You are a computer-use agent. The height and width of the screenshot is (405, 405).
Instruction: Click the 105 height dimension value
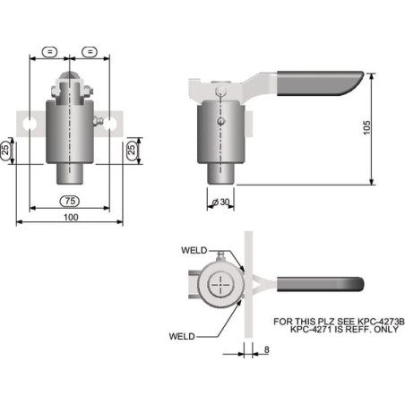point(366,127)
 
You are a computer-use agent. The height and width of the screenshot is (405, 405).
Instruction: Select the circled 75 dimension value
point(70,201)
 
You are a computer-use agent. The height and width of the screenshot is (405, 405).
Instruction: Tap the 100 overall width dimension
point(71,217)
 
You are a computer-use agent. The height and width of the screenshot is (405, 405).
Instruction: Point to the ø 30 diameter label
point(220,202)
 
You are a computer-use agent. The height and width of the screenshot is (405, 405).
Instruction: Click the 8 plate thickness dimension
point(267,349)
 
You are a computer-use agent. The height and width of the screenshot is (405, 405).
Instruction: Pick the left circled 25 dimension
point(5,150)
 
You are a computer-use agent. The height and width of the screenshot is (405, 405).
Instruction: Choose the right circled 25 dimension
point(132,149)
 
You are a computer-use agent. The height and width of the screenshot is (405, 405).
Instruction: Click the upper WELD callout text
point(194,250)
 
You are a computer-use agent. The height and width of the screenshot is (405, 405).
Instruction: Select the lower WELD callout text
point(182,336)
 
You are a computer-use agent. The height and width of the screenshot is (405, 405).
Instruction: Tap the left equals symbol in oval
point(49,52)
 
